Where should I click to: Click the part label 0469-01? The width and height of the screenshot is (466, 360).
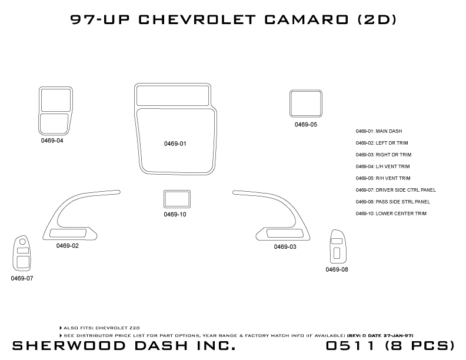175,144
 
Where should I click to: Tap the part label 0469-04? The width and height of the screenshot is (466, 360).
52,141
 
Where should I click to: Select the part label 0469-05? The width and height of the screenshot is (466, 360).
306,125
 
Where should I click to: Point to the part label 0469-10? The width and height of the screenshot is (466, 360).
175,214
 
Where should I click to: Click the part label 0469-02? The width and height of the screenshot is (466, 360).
68,245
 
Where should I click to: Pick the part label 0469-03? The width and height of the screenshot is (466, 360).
285,246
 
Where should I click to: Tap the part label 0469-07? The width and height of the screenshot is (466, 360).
22,278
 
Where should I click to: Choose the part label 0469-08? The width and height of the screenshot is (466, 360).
337,269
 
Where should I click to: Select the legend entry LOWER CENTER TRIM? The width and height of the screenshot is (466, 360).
391,213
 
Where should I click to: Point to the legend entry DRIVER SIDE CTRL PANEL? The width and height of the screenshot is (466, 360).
395,190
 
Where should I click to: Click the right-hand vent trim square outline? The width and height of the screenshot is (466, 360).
306,104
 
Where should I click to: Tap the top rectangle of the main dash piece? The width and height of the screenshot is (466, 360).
173,94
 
